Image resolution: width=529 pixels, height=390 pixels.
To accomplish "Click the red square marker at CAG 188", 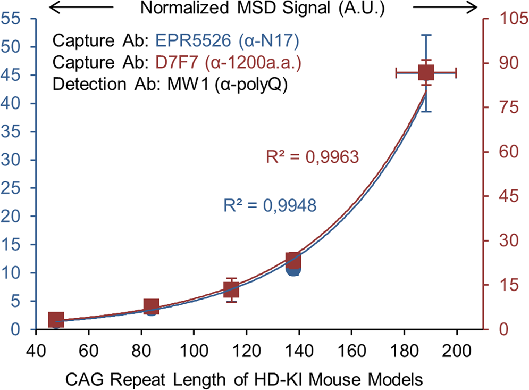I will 426,73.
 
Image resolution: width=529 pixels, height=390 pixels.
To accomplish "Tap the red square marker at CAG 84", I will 152,306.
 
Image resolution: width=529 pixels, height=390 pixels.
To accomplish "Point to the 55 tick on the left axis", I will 12,19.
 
